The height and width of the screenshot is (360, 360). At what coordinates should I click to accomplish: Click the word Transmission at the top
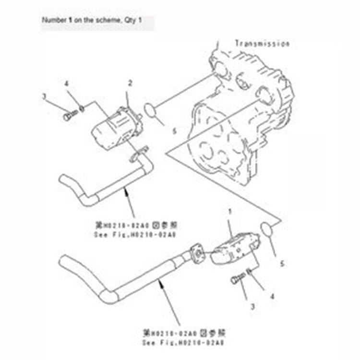tap(262, 44)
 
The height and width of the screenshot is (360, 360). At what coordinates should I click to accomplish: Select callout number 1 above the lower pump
tap(230, 211)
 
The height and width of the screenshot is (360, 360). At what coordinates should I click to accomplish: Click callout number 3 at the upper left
tap(44, 96)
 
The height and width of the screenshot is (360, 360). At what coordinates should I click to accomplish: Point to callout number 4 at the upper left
tap(67, 85)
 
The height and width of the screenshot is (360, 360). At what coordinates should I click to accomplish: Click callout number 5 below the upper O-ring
tap(161, 130)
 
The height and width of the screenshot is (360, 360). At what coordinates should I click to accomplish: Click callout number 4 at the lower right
tap(272, 296)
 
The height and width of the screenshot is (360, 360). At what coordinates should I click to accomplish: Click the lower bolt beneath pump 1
tap(236, 279)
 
